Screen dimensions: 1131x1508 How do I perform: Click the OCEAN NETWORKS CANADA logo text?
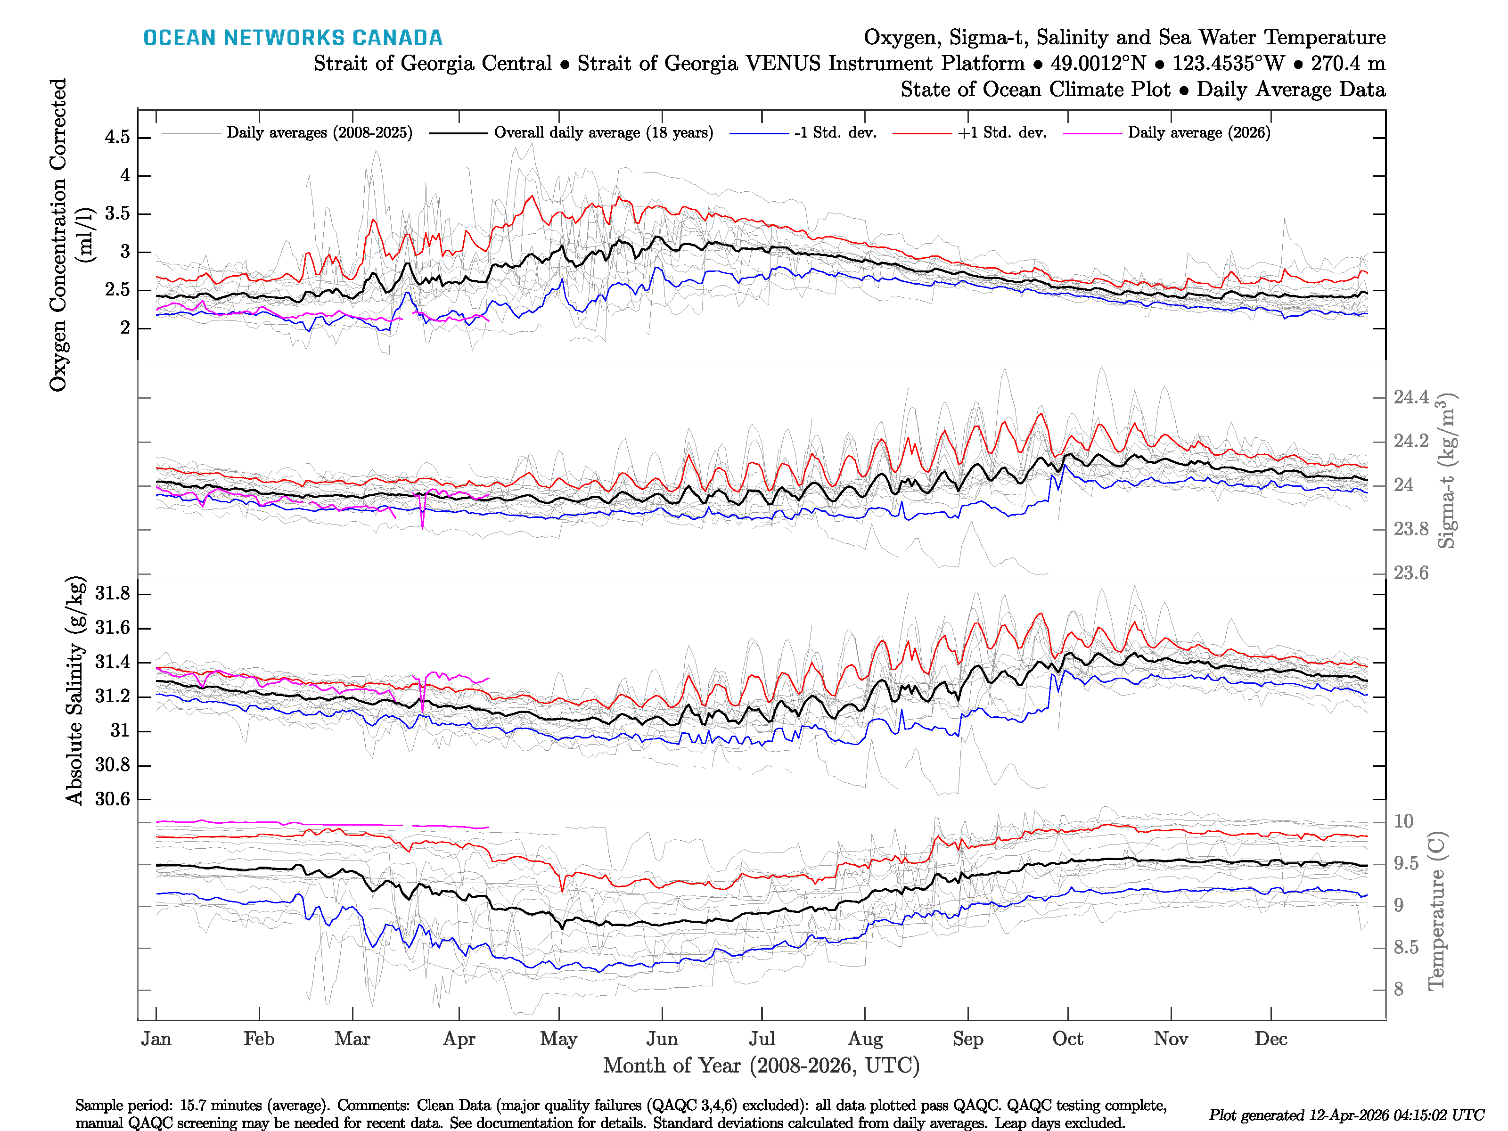click(x=293, y=38)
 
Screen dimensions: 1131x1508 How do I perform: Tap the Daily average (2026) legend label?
click(x=1198, y=133)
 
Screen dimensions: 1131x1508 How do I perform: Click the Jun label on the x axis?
click(x=662, y=1039)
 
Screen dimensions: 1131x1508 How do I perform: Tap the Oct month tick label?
click(x=1067, y=1039)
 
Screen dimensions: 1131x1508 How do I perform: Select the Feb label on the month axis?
click(x=259, y=1039)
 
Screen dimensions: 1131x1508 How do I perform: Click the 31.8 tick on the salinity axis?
click(x=113, y=594)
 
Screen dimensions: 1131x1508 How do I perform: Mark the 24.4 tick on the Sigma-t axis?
click(x=1410, y=397)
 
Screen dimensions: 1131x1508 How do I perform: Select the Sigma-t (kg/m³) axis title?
click(x=1447, y=470)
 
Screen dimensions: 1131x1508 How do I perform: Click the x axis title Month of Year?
click(x=761, y=1065)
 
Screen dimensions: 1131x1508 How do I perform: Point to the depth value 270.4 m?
click(x=1348, y=64)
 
